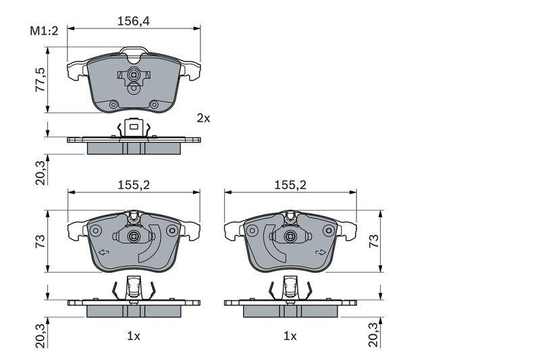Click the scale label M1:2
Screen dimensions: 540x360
point(44,31)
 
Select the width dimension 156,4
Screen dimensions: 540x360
point(134,21)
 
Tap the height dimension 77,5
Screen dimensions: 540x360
point(40,80)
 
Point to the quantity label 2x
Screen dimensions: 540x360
point(203,118)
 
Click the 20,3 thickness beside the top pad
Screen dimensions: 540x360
point(40,174)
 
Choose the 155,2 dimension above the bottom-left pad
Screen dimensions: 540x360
point(134,185)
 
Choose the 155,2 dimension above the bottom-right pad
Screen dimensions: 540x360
point(290,185)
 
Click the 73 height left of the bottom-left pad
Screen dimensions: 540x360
point(40,241)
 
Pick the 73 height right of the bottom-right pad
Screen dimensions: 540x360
point(374,241)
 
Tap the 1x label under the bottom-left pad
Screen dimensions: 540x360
point(134,336)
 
